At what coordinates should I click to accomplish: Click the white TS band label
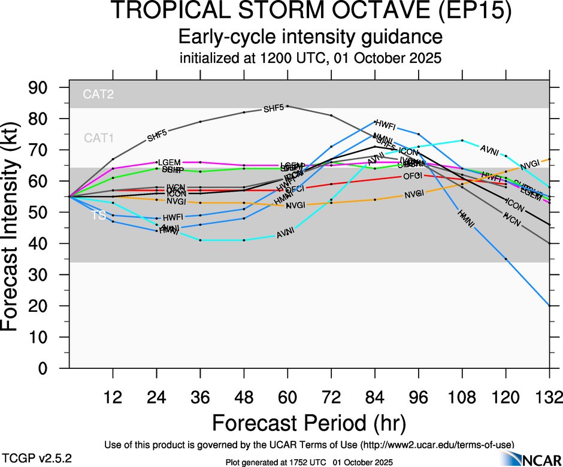pyautogui.click(x=98, y=216)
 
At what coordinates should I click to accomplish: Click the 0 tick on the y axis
pyautogui.click(x=51, y=369)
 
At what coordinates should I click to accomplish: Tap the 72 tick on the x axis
pyautogui.click(x=331, y=396)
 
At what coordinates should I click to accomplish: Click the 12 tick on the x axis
pyautogui.click(x=113, y=396)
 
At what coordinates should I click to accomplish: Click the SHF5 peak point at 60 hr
pyautogui.click(x=288, y=106)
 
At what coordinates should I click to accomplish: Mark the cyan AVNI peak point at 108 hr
pyautogui.click(x=462, y=140)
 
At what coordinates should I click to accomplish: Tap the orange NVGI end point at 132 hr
pyautogui.click(x=550, y=159)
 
